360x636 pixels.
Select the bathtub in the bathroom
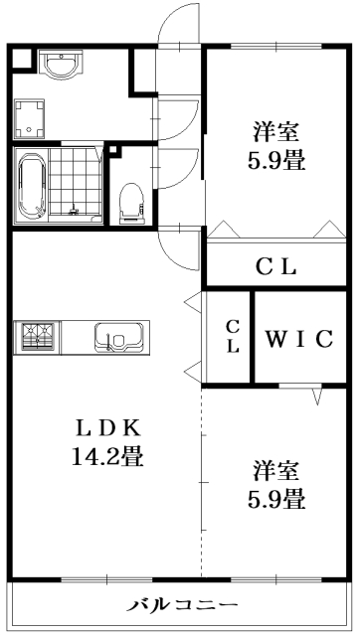point(33,186)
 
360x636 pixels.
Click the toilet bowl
point(129,202)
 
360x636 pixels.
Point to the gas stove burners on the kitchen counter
point(37,337)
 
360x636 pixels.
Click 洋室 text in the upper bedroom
point(275,130)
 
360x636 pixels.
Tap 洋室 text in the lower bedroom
point(275,468)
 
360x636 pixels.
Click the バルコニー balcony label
point(182,604)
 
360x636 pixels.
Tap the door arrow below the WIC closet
point(316,397)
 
